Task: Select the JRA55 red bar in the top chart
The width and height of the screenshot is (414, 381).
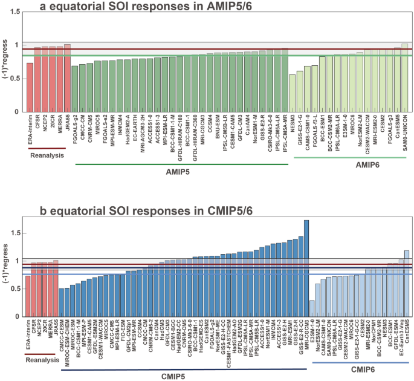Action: coord(67,79)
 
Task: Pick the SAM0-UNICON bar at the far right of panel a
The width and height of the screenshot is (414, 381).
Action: coord(405,79)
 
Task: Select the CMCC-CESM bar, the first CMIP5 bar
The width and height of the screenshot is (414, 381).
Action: coord(61,302)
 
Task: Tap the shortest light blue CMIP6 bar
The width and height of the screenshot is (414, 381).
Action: coord(312,308)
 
